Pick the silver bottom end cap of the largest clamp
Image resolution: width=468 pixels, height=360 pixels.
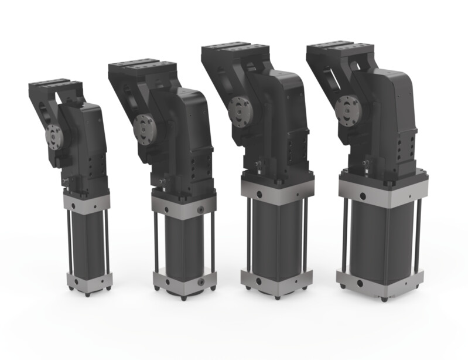click(x=381, y=286)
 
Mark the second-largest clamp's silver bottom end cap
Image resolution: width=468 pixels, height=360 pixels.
click(x=274, y=284)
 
